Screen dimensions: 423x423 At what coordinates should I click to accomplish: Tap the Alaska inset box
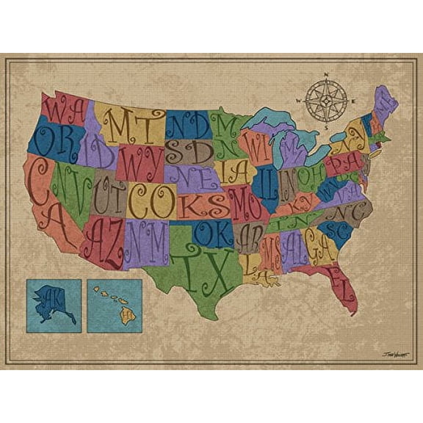tap(54, 305)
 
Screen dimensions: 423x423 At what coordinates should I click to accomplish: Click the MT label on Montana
tap(133, 125)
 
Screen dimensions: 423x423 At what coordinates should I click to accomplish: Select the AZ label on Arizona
tap(104, 242)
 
